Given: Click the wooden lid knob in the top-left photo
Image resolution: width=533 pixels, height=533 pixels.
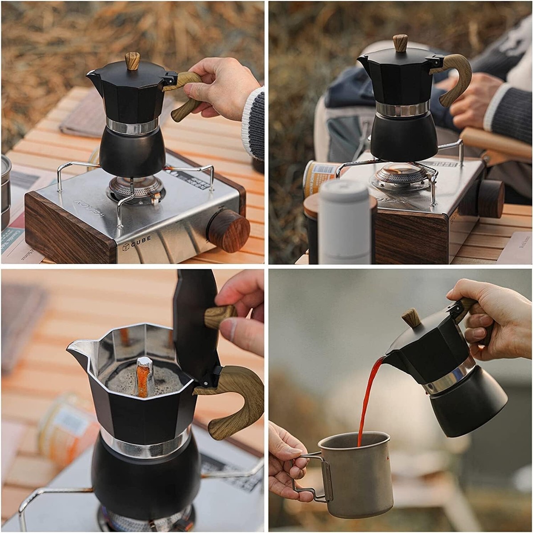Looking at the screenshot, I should (132, 60).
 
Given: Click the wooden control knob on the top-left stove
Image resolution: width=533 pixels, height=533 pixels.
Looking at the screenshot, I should (229, 230).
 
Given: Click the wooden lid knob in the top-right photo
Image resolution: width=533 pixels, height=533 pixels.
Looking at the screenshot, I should (400, 43).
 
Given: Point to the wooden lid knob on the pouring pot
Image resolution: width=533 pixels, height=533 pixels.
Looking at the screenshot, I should (412, 318).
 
